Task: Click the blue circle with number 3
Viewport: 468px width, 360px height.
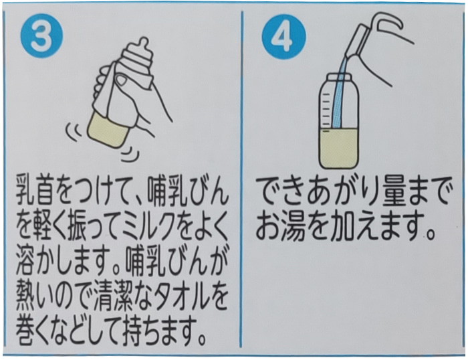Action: (x=41, y=37)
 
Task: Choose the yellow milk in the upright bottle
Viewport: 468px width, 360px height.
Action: (x=338, y=147)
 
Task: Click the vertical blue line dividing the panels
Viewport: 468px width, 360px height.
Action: (x=241, y=179)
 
